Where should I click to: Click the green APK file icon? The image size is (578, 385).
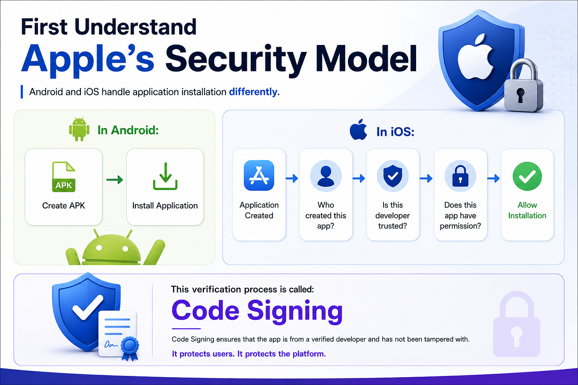pos(64,177)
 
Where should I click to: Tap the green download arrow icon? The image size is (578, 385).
pos(165,176)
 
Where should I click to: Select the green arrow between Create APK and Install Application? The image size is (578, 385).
pos(115,180)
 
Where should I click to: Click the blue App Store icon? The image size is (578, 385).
pos(259,175)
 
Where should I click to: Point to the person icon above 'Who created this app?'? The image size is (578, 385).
pos(326,176)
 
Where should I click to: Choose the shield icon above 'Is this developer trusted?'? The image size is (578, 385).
pos(393,176)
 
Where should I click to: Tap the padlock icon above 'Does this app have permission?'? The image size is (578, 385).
pos(460,176)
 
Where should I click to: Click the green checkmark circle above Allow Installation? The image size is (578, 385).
pos(527,176)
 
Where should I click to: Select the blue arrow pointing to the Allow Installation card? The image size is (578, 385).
pos(493,178)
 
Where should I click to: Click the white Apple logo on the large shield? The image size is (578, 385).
pos(476,57)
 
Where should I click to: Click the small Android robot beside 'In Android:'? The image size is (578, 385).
pos(79,129)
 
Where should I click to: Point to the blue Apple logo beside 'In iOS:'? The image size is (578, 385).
pos(358,130)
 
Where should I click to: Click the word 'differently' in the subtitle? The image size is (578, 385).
pos(253,92)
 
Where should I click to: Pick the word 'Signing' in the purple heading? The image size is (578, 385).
pos(295,312)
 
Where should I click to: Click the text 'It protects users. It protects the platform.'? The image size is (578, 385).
pos(249,354)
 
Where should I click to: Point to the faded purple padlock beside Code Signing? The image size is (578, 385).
pos(516,324)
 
